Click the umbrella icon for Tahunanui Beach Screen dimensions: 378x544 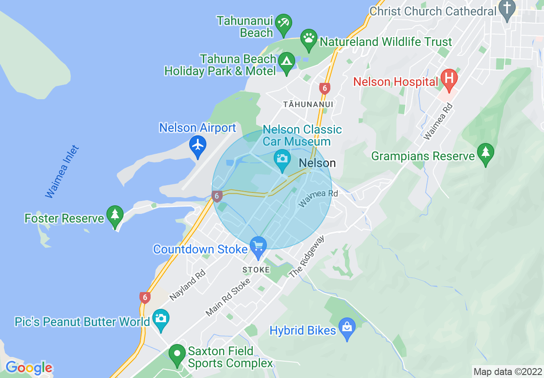click(x=284, y=22)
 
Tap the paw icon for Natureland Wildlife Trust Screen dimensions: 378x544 click(x=308, y=37)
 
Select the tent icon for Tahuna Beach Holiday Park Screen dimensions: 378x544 click(x=286, y=61)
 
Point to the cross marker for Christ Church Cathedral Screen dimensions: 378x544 click(x=508, y=9)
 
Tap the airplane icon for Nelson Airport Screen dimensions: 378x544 click(x=198, y=145)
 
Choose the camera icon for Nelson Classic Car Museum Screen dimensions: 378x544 click(x=282, y=159)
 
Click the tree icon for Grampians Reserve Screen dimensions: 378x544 click(x=485, y=152)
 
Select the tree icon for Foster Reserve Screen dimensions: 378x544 click(x=115, y=214)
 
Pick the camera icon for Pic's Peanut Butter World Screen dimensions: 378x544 click(x=161, y=318)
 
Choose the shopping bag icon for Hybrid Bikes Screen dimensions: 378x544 click(x=347, y=327)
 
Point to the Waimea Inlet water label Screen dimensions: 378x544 click(x=63, y=172)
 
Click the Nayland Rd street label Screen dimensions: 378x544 click(x=188, y=285)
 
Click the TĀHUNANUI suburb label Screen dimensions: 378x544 click(x=308, y=104)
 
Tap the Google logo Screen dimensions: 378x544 click(x=29, y=368)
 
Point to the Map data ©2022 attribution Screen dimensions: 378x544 click(x=508, y=372)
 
